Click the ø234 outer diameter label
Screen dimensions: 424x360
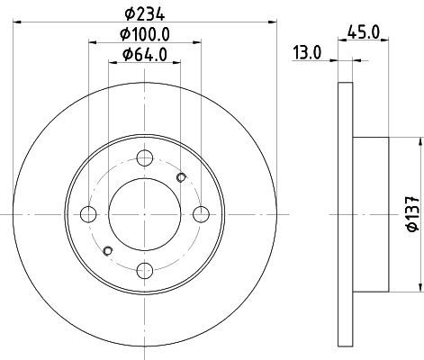pos(145,14)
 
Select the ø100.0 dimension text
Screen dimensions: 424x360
pos(145,34)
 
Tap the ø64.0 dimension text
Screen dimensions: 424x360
pos(145,55)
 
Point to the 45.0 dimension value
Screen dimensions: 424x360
pos(364,31)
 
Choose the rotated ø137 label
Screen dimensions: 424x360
pos(413,214)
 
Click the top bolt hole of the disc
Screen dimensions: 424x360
pos(145,158)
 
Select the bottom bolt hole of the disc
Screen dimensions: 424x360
pos(145,271)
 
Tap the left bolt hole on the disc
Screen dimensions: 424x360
pos(88,214)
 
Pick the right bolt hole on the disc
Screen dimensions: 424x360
pos(201,214)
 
